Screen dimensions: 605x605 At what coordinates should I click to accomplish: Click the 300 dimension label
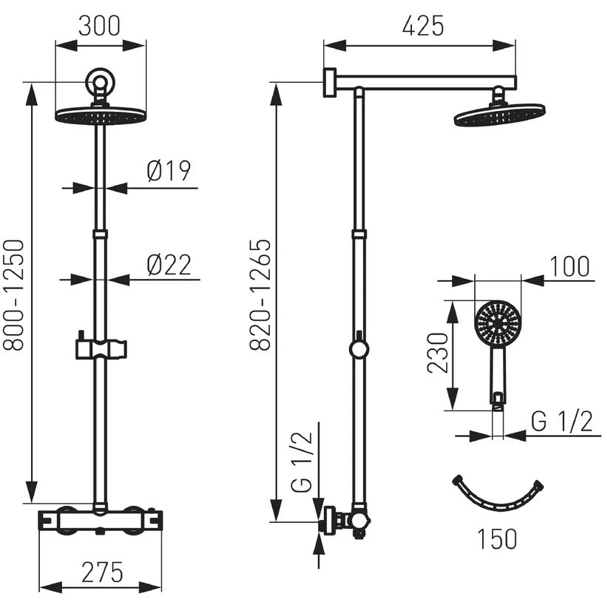pyautogui.click(x=99, y=26)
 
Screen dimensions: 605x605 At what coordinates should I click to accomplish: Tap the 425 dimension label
pyautogui.click(x=423, y=26)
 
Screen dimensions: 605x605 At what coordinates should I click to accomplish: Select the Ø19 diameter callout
pyautogui.click(x=169, y=171)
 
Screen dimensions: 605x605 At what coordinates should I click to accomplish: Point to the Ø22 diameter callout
pyautogui.click(x=169, y=265)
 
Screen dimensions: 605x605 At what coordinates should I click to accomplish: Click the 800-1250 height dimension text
pyautogui.click(x=14, y=295)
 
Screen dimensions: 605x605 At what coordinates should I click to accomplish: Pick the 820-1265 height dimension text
pyautogui.click(x=260, y=295)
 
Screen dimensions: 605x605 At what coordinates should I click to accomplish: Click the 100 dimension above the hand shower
pyautogui.click(x=569, y=266)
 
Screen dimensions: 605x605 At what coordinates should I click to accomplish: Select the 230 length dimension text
pyautogui.click(x=438, y=353)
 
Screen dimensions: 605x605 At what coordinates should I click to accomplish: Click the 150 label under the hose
pyautogui.click(x=497, y=538)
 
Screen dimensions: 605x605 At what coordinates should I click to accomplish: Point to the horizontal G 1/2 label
pyautogui.click(x=561, y=422)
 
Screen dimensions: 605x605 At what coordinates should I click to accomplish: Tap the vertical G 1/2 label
pyautogui.click(x=301, y=462)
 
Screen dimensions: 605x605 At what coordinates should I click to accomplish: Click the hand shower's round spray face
pyautogui.click(x=498, y=323)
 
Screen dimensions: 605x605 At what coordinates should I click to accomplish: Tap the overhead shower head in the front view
pyautogui.click(x=101, y=115)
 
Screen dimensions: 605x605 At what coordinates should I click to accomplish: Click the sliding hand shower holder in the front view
pyautogui.click(x=101, y=348)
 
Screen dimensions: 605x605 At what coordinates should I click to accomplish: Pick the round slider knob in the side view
pyautogui.click(x=359, y=348)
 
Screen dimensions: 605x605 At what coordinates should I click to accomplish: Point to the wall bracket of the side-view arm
pyautogui.click(x=330, y=82)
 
